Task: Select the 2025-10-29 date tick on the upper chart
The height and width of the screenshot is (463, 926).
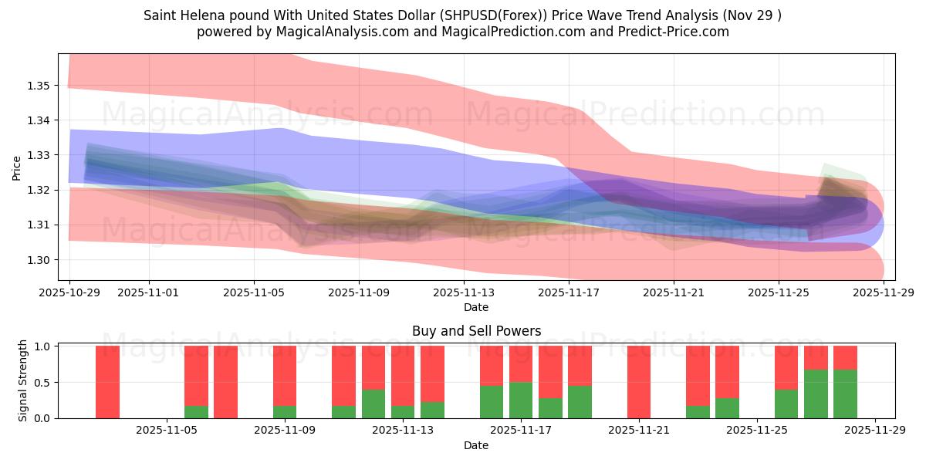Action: coord(69,292)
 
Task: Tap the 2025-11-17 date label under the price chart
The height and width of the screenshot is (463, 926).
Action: coord(569,292)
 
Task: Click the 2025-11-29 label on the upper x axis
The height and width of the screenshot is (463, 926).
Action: coord(884,292)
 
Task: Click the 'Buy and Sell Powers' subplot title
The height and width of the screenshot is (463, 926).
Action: coord(476,331)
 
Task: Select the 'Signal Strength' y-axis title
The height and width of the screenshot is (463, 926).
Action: coord(23,381)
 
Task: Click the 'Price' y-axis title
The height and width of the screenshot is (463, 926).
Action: coord(17,167)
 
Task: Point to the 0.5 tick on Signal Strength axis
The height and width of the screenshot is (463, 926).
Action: coord(43,382)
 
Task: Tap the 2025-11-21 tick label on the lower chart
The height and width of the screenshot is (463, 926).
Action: coord(640,431)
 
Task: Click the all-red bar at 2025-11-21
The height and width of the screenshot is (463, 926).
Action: coord(640,382)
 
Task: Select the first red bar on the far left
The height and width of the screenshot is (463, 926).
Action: coord(107,382)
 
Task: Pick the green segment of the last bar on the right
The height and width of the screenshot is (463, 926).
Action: coord(845,394)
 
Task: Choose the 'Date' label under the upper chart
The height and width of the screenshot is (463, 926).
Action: coord(476,307)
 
